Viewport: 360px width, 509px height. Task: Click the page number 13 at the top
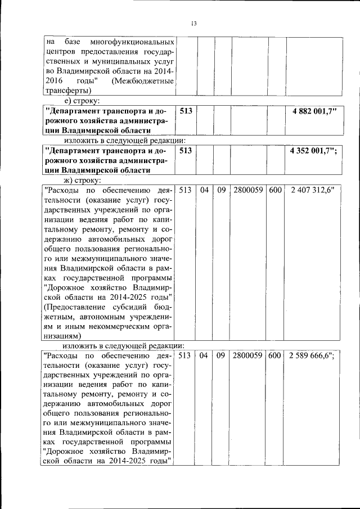(x=193, y=23)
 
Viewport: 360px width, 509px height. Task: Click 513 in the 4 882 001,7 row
(x=186, y=111)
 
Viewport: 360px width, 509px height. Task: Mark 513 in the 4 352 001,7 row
(x=186, y=151)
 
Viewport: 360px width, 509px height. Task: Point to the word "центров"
(x=61, y=52)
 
